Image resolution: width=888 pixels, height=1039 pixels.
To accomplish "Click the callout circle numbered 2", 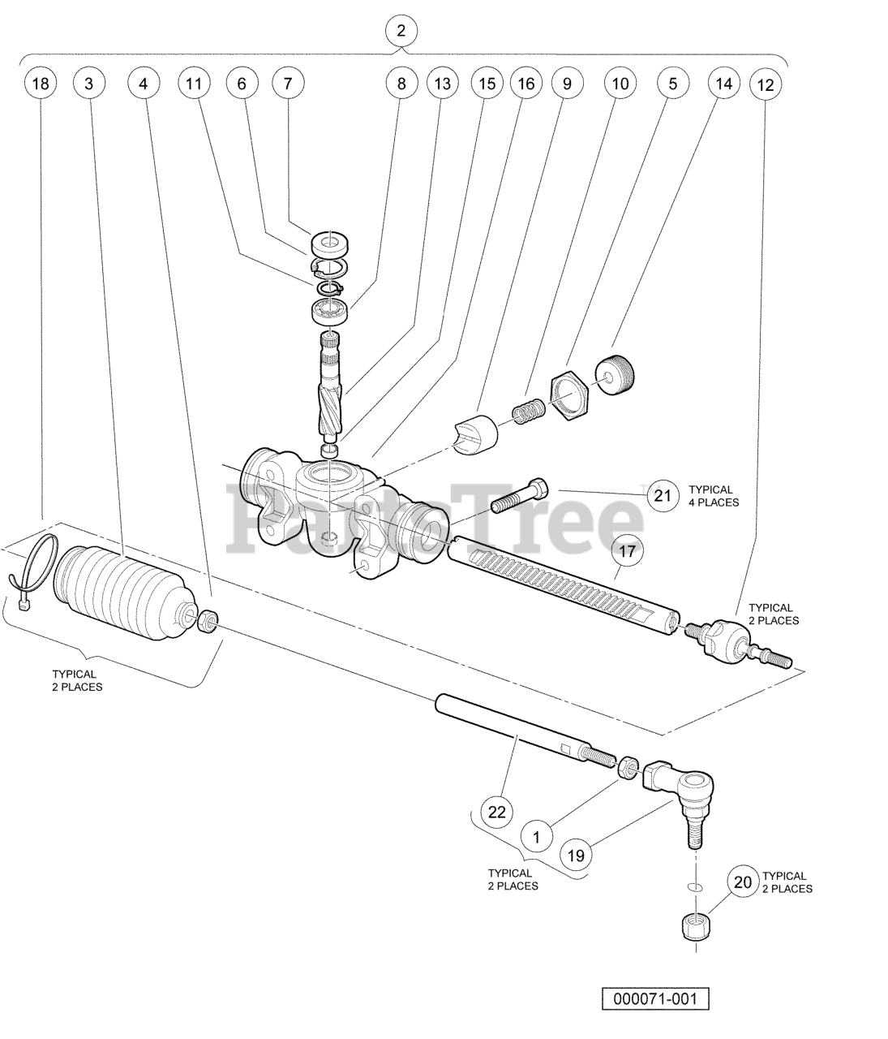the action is coord(401,31).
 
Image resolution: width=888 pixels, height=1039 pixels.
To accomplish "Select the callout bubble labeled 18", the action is coord(41,83).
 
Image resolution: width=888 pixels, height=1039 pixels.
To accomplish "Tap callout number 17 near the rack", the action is coord(627,551).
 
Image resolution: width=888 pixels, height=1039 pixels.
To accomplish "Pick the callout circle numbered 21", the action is coord(663,496).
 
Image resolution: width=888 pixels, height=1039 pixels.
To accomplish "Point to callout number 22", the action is coord(497,812).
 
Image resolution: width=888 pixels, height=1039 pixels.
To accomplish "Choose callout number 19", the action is coord(576,855).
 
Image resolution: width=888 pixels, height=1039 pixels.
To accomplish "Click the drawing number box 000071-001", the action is coord(655,998).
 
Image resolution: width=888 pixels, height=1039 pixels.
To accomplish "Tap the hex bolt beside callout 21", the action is coord(519,496).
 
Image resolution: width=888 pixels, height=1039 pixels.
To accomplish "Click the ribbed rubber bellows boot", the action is coord(125,593).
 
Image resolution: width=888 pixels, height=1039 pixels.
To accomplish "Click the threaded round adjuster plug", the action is coord(615,375).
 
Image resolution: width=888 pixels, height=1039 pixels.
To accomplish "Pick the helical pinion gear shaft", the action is coord(330,386).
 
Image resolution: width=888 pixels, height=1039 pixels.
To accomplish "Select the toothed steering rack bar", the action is coord(565,585).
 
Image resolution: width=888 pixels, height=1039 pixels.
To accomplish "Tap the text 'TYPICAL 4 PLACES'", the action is coord(714,496).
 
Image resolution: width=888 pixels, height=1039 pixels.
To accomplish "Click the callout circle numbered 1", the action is coord(536,837).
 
